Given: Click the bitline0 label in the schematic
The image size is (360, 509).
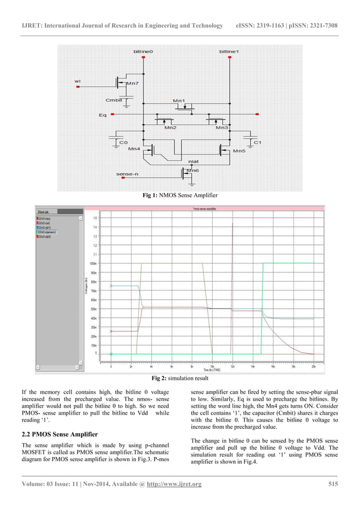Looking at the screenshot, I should pyautogui.click(x=143, y=51).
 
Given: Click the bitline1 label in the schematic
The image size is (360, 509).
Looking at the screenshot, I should pyautogui.click(x=229, y=51).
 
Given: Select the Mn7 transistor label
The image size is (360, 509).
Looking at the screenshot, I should pyautogui.click(x=131, y=84).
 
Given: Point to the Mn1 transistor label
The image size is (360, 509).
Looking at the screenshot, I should pyautogui.click(x=179, y=100).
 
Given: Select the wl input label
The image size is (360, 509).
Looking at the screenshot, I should pyautogui.click(x=77, y=81).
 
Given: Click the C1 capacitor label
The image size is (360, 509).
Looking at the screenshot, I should pyautogui.click(x=257, y=142).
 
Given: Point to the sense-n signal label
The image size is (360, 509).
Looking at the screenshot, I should pyautogui.click(x=126, y=174).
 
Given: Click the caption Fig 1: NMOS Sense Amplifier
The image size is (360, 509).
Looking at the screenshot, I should pyautogui.click(x=180, y=195).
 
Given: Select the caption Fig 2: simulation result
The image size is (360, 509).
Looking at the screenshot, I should pyautogui.click(x=180, y=378).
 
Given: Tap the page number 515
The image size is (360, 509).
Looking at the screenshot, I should pyautogui.click(x=332, y=484).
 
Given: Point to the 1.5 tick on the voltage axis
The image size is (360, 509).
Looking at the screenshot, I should pyautogui.click(x=95, y=217).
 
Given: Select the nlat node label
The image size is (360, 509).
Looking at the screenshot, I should pyautogui.click(x=193, y=161).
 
